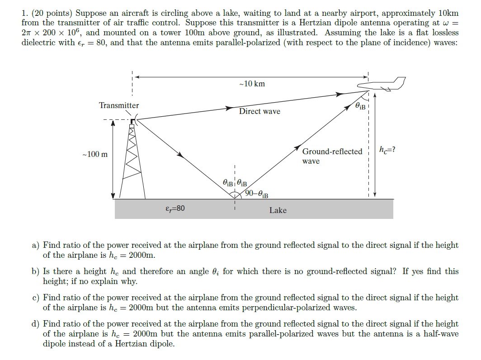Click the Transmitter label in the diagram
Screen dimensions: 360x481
click(x=119, y=105)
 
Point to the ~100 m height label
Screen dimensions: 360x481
click(x=95, y=155)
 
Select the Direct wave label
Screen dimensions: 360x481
click(x=259, y=111)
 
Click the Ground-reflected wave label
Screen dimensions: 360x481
click(x=332, y=156)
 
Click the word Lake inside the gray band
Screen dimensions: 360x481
click(x=278, y=210)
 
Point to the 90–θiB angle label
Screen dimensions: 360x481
click(x=257, y=194)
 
